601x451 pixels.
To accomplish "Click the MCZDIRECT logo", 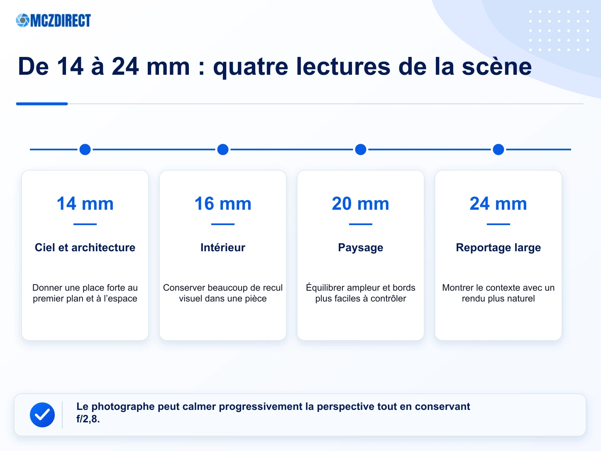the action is (x=54, y=20).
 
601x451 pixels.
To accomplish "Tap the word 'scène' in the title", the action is (x=497, y=66).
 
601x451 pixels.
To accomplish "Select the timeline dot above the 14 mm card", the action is (x=85, y=150).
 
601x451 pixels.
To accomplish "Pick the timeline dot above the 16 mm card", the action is (x=223, y=150).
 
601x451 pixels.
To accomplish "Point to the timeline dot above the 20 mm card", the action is (x=361, y=150).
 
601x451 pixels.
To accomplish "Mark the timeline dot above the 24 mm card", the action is (x=498, y=150).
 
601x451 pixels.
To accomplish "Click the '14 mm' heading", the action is (x=85, y=203).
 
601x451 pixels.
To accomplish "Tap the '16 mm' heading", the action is (x=223, y=203).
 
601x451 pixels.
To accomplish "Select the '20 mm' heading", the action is (x=361, y=203).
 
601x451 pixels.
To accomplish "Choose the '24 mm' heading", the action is (x=498, y=203).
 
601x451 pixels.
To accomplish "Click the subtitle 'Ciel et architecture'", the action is (x=85, y=248).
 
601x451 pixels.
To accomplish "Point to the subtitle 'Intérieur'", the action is (x=223, y=248).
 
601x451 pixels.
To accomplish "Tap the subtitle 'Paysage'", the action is (x=361, y=248).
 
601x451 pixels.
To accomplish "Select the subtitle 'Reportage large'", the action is (x=498, y=248).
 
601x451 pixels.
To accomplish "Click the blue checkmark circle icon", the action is (x=42, y=414).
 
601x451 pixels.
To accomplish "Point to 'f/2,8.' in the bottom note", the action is (x=88, y=419).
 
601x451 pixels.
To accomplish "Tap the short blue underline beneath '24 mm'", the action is (x=498, y=224).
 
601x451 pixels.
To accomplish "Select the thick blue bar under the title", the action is (x=42, y=104).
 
